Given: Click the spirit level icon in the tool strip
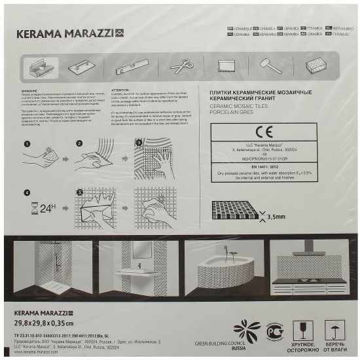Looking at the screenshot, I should click(x=128, y=67).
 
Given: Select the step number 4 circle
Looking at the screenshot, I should click(x=27, y=192).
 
